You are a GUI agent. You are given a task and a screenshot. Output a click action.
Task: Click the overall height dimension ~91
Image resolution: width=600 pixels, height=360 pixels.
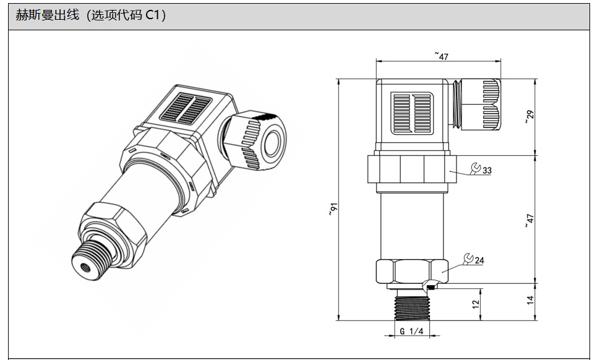tap(333, 210)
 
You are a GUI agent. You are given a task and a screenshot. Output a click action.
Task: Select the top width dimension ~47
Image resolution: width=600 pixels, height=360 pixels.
tap(441, 56)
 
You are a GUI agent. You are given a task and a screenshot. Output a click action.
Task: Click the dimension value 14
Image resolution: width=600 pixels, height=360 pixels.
tap(529, 301)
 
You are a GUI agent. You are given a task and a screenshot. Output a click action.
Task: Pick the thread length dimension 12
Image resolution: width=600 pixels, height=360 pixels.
tap(476, 304)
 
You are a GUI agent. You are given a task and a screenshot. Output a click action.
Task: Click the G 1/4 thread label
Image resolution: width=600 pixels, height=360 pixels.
tap(411, 332)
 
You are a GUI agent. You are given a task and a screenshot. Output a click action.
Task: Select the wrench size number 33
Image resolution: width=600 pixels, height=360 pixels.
tap(487, 170)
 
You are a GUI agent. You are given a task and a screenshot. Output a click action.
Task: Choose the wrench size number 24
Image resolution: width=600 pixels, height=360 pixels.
tap(479, 260)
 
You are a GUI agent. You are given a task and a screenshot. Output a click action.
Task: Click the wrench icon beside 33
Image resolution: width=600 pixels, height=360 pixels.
tap(475, 168)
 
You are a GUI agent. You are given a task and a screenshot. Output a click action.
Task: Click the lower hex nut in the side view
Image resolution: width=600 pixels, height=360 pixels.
tap(411, 272)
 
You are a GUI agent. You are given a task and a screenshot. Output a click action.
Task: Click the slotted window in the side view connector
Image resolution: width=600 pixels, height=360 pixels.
tap(412, 113)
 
